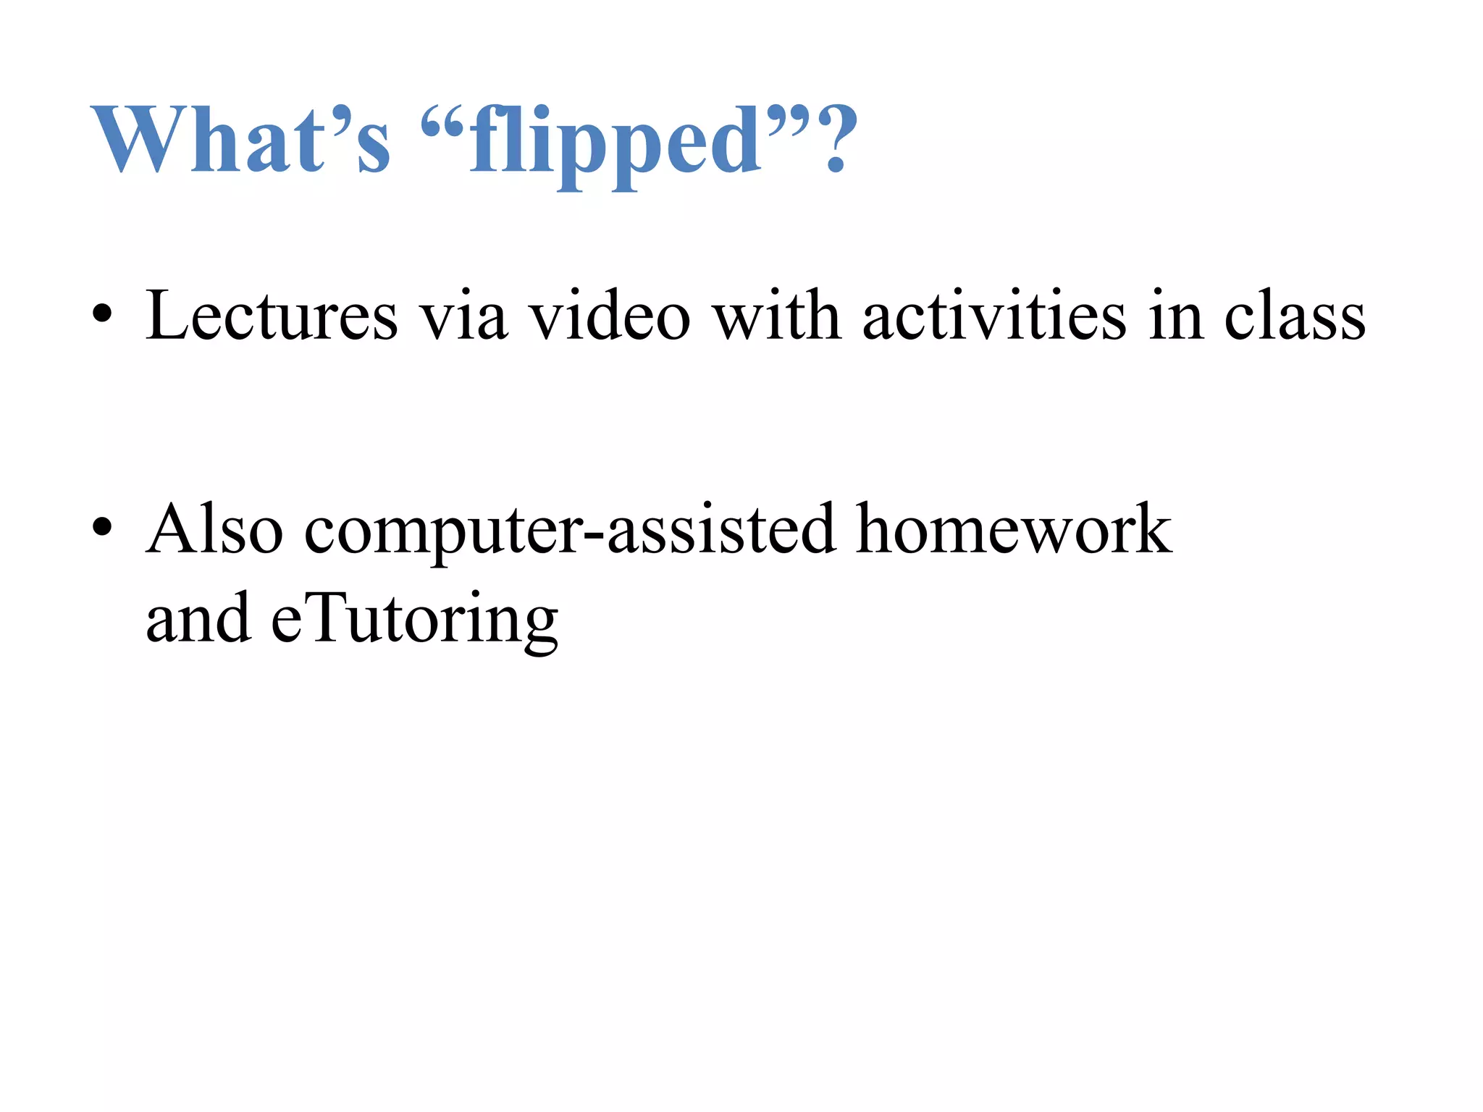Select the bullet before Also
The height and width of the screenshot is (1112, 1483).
[103, 528]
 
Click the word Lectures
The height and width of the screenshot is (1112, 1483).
[272, 316]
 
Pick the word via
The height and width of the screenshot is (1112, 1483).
[463, 317]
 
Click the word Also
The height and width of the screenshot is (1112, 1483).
[214, 529]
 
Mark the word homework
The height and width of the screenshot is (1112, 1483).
[1013, 529]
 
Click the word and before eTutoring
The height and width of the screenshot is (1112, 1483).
[198, 618]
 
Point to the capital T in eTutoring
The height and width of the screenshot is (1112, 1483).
[323, 615]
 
